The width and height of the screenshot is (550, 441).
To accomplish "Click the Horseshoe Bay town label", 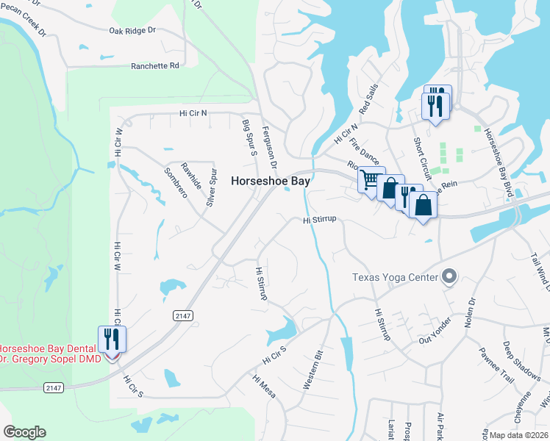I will point(271,180).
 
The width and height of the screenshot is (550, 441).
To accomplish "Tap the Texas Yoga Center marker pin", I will point(449,277).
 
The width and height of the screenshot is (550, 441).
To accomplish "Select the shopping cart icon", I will point(370,179).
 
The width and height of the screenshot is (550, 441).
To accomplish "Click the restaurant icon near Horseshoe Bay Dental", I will point(112,339).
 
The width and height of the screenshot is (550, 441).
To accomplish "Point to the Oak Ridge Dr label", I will point(132,30).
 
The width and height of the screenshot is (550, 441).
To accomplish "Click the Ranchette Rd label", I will point(155,65).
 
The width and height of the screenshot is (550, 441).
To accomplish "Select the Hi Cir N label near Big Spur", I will point(193,113).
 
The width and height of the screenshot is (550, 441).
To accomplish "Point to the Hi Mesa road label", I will point(263,387).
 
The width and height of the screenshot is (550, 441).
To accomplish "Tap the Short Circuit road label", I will point(422,159).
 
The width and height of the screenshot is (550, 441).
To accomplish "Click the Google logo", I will point(24,432).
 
